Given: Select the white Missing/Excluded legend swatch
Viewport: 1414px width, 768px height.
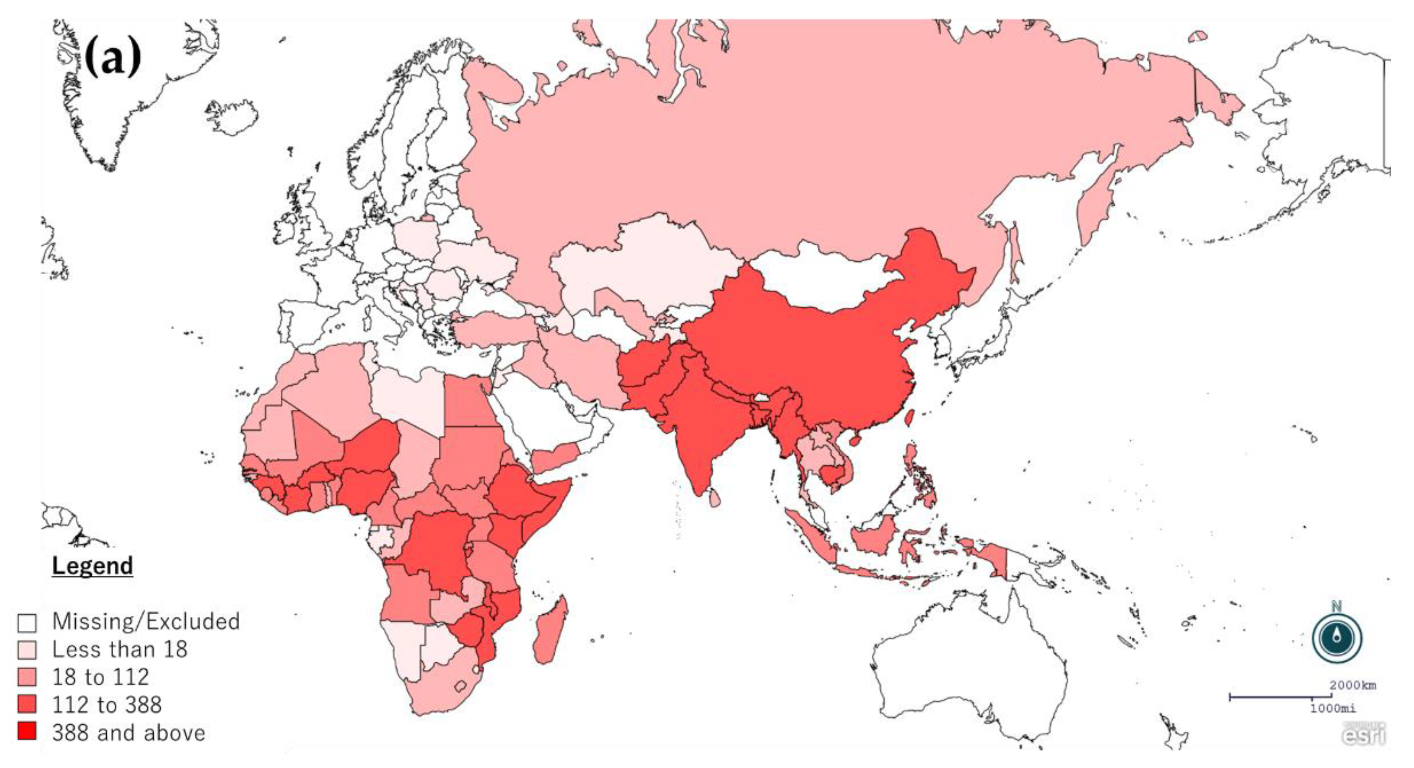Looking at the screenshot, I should [x=27, y=622].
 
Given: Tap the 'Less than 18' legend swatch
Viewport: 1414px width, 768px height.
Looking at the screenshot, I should [x=27, y=650].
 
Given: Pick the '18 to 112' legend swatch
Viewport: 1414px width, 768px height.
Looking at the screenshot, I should [x=27, y=677].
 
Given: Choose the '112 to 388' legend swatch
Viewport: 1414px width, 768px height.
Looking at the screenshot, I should [x=27, y=704].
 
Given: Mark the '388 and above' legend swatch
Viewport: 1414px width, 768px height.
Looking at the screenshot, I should [x=27, y=731].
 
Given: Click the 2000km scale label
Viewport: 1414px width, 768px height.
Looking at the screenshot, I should [x=1352, y=685].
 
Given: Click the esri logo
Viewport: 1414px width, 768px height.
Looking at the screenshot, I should [x=1364, y=733].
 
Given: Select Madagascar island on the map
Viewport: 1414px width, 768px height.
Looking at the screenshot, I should [x=551, y=632].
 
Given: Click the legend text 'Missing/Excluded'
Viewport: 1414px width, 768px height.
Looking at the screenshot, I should [x=146, y=621].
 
